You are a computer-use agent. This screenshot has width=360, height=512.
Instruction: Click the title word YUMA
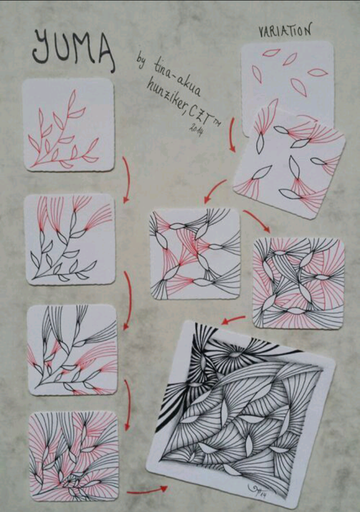(73, 49)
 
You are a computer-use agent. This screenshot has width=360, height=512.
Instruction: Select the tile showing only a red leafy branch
(68, 124)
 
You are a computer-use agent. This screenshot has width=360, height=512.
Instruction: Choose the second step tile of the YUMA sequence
(69, 239)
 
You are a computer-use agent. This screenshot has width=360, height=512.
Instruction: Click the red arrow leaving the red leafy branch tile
(127, 179)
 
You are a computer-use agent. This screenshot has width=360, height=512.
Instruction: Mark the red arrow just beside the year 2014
(232, 134)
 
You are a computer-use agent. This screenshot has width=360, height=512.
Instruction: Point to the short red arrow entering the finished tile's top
(233, 319)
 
